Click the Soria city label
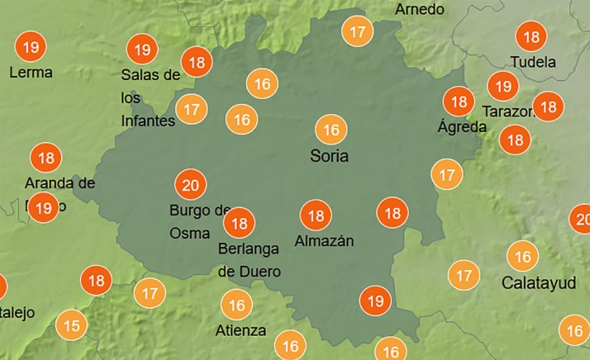click(329, 155)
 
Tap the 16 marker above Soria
click(331, 130)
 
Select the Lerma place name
click(31, 73)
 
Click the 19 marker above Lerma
click(31, 46)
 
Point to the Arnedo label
click(420, 9)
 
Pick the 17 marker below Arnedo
click(358, 32)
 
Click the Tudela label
click(533, 62)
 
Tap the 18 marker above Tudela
click(531, 36)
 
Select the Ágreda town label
click(461, 127)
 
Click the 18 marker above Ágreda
click(457, 102)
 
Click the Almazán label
click(324, 241)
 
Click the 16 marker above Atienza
click(237, 306)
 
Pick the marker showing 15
click(72, 326)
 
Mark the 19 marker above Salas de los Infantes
click(142, 50)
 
